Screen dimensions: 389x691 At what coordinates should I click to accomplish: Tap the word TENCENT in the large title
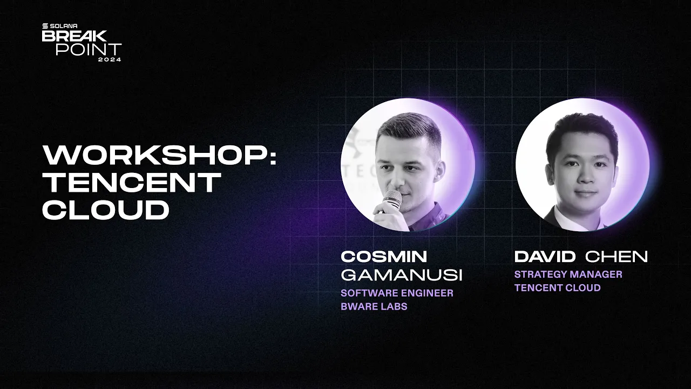tap(131, 183)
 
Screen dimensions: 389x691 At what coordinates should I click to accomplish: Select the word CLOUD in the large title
tap(106, 210)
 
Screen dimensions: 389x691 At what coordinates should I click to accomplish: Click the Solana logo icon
tap(45, 26)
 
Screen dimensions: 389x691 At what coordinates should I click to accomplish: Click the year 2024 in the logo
tap(110, 59)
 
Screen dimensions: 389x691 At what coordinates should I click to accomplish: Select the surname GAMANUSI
tap(402, 275)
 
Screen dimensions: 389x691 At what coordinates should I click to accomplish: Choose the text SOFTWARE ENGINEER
tap(397, 293)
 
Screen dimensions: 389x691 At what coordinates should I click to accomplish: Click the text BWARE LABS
tap(374, 306)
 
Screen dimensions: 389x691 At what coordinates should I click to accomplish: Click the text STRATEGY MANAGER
tap(568, 274)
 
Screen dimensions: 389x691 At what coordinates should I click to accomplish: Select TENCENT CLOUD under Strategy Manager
tap(557, 287)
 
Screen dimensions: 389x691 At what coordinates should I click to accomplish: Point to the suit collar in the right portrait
tap(556, 216)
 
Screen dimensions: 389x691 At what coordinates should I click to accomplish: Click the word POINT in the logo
tap(89, 49)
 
